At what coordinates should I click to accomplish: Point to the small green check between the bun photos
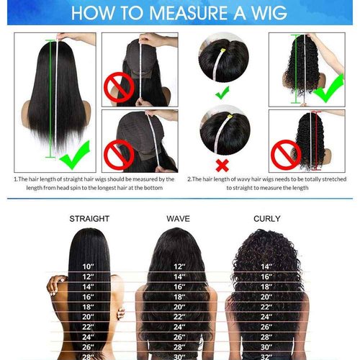[x=223, y=92]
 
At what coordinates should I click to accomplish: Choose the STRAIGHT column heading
[x=89, y=218]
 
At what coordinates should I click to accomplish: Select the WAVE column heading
[x=179, y=218]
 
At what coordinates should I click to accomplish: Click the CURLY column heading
[x=267, y=218]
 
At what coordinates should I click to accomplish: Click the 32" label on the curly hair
[x=267, y=354]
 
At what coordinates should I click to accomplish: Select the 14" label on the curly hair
[x=267, y=267]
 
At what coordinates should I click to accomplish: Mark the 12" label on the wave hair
[x=179, y=267]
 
